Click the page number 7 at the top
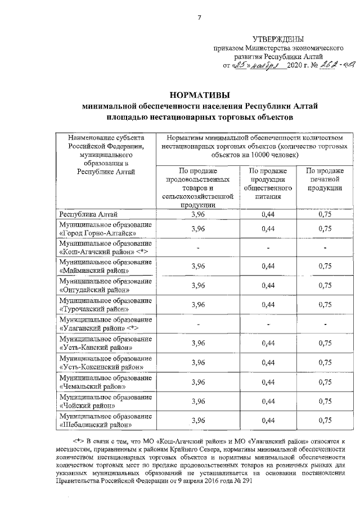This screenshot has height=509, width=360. pyautogui.click(x=199, y=17)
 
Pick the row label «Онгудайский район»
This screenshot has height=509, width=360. pyautogui.click(x=94, y=290)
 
